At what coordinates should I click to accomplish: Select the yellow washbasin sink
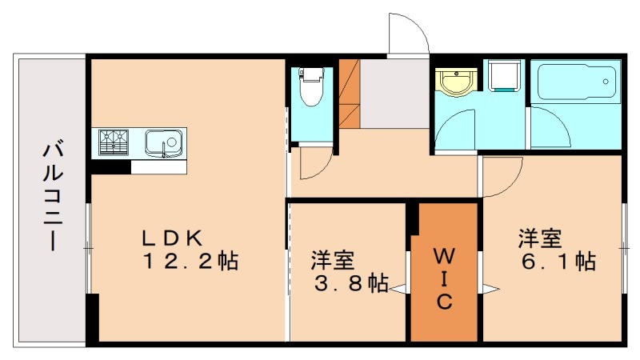click(454, 82)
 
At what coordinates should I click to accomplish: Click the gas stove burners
click(114, 142)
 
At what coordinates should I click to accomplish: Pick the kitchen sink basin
click(165, 143)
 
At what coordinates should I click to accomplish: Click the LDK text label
click(176, 238)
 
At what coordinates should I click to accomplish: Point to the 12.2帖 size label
click(190, 262)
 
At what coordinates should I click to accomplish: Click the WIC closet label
click(445, 278)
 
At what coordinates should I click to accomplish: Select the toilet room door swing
click(314, 166)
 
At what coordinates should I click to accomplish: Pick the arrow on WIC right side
click(490, 289)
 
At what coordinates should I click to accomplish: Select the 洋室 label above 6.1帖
click(541, 238)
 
